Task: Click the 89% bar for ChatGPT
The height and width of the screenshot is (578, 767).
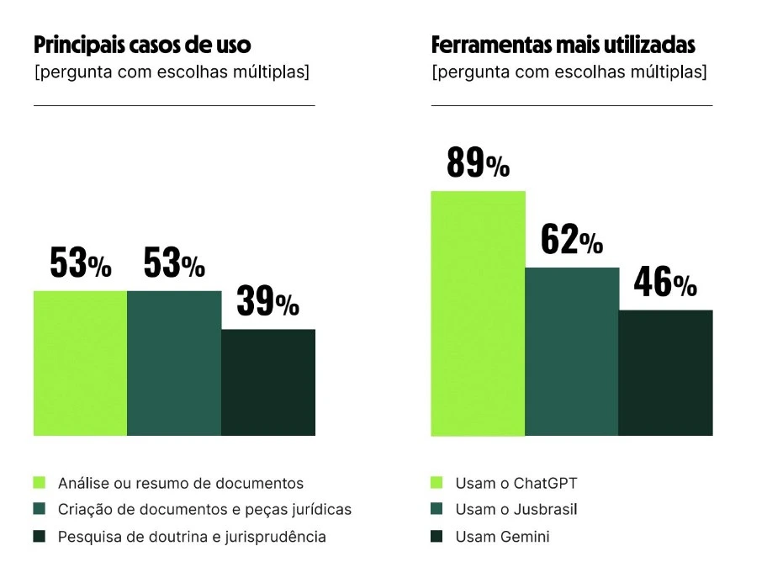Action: pyautogui.click(x=478, y=313)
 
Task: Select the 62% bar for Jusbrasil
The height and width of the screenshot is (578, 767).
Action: pyautogui.click(x=572, y=352)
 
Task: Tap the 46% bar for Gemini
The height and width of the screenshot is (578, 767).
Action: pyautogui.click(x=665, y=373)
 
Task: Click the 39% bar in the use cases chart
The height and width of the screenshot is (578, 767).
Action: pyautogui.click(x=267, y=382)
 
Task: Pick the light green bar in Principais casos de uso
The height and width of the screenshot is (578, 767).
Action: pyautogui.click(x=80, y=363)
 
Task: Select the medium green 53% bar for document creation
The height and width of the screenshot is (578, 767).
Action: pyautogui.click(x=174, y=363)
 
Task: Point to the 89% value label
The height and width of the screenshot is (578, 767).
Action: pyautogui.click(x=478, y=162)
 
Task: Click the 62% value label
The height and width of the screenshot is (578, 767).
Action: pyautogui.click(x=572, y=241)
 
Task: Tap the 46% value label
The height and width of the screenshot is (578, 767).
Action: pyautogui.click(x=665, y=284)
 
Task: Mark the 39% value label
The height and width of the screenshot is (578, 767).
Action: pyautogui.click(x=267, y=302)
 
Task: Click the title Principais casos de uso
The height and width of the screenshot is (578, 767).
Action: pyautogui.click(x=142, y=45)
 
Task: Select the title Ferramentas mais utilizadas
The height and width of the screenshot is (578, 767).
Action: pyautogui.click(x=563, y=45)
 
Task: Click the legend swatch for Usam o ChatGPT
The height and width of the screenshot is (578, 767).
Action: pyautogui.click(x=436, y=483)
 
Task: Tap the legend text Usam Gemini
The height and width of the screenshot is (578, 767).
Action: pyautogui.click(x=502, y=537)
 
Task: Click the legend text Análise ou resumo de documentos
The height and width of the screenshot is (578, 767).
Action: pyautogui.click(x=181, y=483)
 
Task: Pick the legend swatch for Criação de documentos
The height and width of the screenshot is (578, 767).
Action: pyautogui.click(x=39, y=510)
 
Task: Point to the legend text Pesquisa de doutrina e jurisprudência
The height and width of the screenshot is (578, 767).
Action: pyautogui.click(x=192, y=537)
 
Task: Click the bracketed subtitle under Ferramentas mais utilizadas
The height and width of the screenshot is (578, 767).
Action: pyautogui.click(x=569, y=72)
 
